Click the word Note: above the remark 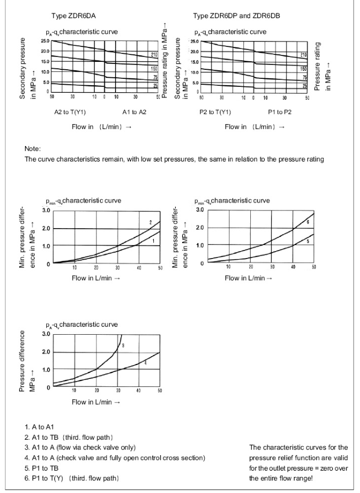click(33, 150)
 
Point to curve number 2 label click(151, 222)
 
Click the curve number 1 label click(153, 241)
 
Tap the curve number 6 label click(308, 221)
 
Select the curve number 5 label click(307, 241)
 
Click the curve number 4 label click(146, 363)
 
